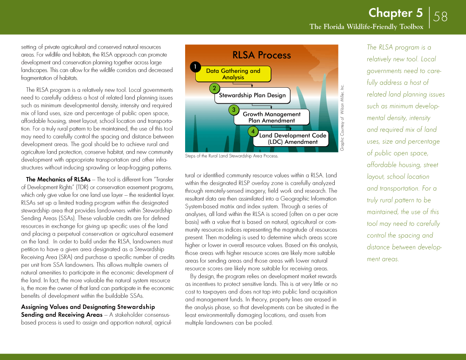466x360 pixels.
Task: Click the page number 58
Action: [x=440, y=17]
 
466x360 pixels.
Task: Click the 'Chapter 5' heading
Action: [x=395, y=13]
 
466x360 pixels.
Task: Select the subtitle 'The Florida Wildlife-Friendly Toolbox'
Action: [x=366, y=27]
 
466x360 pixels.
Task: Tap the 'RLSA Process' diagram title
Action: [x=261, y=55]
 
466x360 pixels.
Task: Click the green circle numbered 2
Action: [x=214, y=89]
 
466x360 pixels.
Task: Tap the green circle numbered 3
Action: [x=233, y=110]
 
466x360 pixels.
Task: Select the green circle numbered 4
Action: [x=253, y=131]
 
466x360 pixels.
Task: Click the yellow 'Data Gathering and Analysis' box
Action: [x=233, y=74]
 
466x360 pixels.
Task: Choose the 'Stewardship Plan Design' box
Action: [x=252, y=95]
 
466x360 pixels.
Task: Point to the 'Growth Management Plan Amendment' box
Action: [x=272, y=117]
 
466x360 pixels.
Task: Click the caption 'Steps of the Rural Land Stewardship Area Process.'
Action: [x=232, y=156]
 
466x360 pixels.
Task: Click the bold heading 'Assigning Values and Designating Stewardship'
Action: [x=88, y=307]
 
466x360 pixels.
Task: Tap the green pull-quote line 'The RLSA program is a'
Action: [x=399, y=47]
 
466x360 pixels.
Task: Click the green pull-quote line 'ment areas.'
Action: [x=383, y=259]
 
